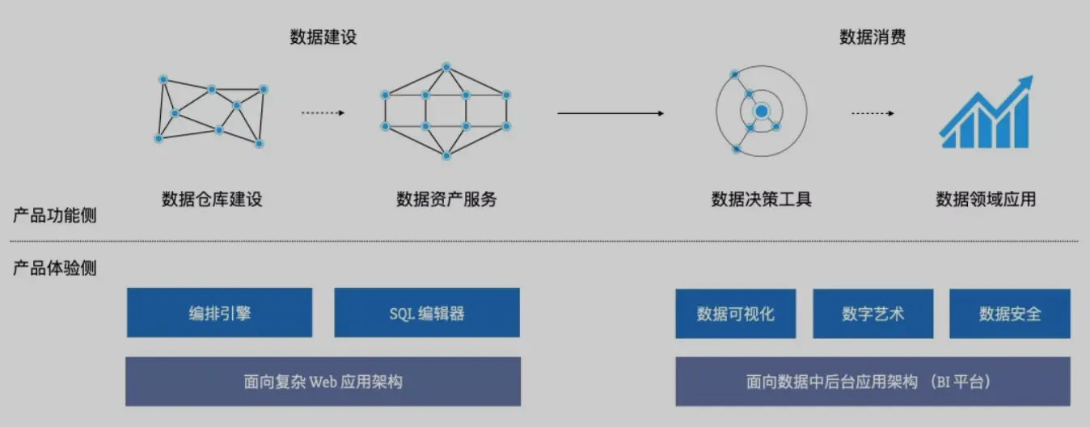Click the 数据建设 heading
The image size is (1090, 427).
[x=323, y=37]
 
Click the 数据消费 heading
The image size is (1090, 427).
[x=872, y=37]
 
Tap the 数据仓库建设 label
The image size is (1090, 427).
[x=212, y=199]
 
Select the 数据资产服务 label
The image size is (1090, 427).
[x=446, y=199]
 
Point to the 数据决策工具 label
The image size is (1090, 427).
[x=761, y=199]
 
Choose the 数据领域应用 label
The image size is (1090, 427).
[x=986, y=199]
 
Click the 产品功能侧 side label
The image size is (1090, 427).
[x=55, y=216]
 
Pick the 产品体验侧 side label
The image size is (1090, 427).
[x=55, y=268]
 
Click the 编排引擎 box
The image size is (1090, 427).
[x=219, y=313]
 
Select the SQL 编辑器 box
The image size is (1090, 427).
[x=427, y=313]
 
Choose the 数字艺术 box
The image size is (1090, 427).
[x=872, y=313]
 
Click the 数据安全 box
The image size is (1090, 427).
[x=1009, y=313]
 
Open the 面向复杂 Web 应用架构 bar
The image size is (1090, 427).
[x=323, y=382]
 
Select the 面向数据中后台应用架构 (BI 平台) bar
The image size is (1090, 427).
[x=872, y=382]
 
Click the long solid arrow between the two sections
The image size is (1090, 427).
[x=610, y=113]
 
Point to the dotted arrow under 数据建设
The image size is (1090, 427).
[x=323, y=113]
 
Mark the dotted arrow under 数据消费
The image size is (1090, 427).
[x=872, y=113]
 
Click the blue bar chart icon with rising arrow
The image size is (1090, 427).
[x=986, y=113]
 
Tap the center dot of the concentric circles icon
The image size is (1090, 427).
[x=761, y=111]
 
